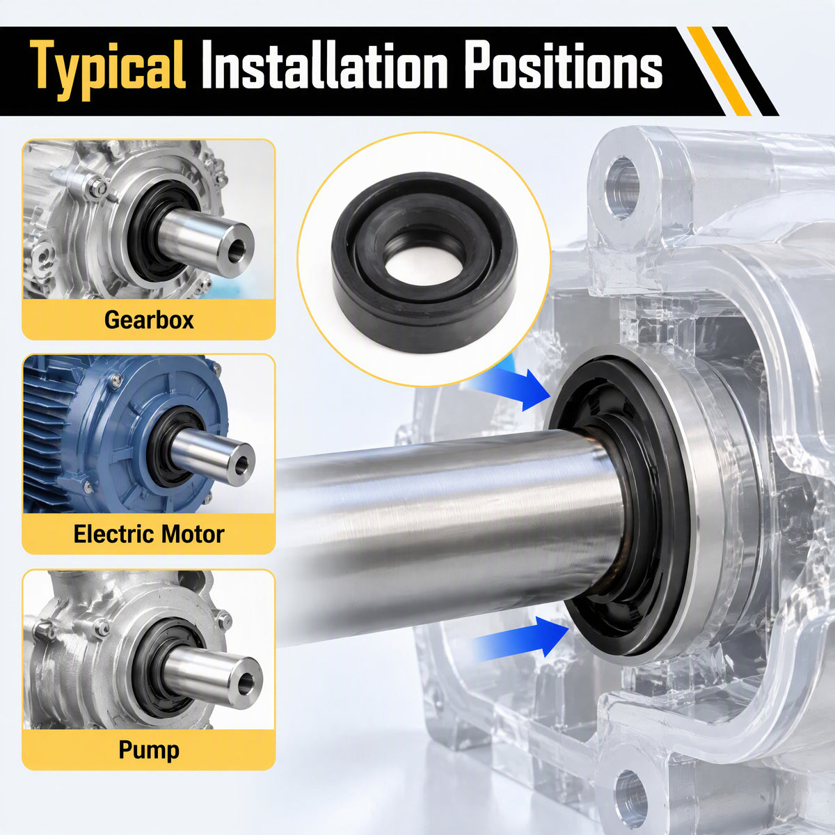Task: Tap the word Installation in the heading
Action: point(325,65)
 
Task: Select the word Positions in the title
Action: point(564,65)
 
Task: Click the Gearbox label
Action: point(149,320)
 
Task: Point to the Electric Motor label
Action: point(149,534)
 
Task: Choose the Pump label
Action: point(149,750)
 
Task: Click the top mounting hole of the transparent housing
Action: point(623,188)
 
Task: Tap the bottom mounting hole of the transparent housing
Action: point(630,795)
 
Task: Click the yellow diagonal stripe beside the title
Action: point(719,72)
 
